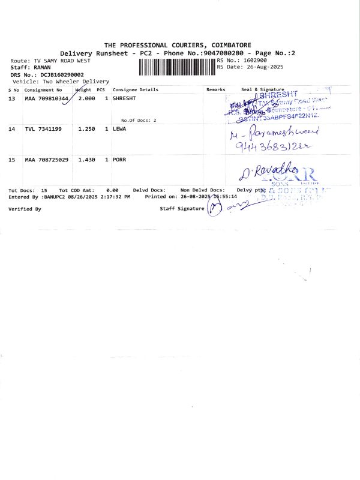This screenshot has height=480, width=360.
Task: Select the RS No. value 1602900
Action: pos(252,61)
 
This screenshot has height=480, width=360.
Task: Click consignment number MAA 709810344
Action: pos(46,98)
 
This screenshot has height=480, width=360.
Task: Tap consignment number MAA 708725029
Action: pos(46,160)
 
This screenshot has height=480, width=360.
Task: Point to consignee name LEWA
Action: pos(119,129)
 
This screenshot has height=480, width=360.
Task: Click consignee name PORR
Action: pos(119,160)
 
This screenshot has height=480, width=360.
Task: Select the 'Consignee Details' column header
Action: pos(135,89)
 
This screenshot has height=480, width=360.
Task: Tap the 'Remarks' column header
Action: pos(215,89)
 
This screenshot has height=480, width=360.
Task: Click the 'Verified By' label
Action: pos(25,209)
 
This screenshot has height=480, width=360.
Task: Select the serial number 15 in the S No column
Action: pos(11,160)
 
